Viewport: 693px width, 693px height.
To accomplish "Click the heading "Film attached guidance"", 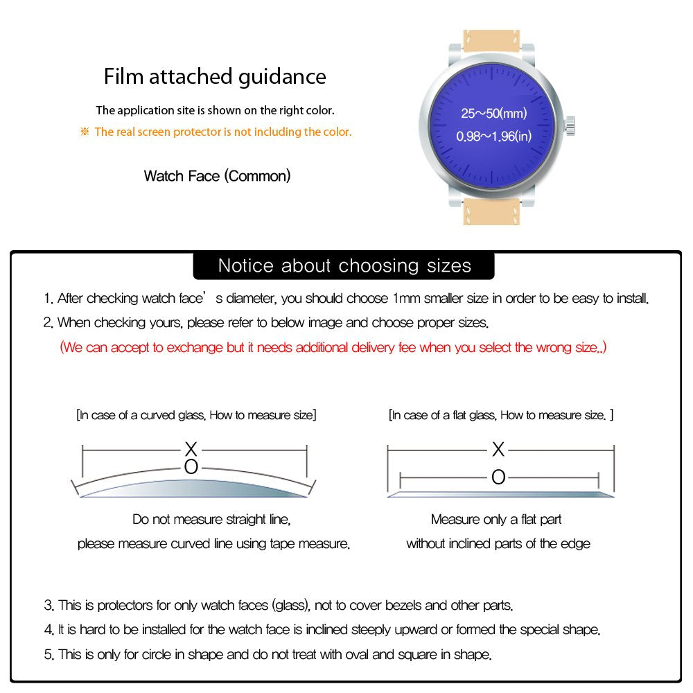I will pos(215,76).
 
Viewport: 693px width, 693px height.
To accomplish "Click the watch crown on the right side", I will pos(571,125).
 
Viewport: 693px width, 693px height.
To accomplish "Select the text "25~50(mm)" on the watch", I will pos(494,113).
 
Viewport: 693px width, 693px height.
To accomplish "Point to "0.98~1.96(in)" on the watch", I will pos(493,137).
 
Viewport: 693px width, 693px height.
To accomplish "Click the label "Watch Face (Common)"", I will pos(217,176).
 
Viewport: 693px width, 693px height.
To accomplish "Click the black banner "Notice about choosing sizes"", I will pos(344,265).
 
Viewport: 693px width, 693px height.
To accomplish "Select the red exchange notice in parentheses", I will pos(333,347).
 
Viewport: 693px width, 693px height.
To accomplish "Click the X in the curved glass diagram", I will pos(191,448).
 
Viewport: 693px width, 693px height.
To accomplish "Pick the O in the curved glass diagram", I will pos(191,467).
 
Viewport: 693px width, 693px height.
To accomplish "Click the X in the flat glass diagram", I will pos(498,450).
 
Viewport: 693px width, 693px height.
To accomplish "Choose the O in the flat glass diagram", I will pos(498,477).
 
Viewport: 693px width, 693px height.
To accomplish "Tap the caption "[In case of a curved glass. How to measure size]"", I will pos(196,415).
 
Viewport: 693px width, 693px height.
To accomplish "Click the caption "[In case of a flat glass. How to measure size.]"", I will pos(501,415).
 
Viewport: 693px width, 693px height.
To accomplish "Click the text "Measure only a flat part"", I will pos(496,519).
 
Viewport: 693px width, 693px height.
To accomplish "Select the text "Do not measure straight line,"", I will pos(211,519).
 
